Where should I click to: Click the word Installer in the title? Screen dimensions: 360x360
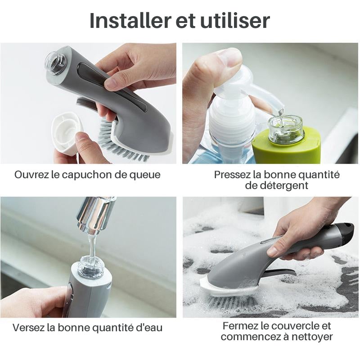pyautogui.click(x=124, y=21)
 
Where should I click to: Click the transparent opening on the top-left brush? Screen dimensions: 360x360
pyautogui.click(x=55, y=63)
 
